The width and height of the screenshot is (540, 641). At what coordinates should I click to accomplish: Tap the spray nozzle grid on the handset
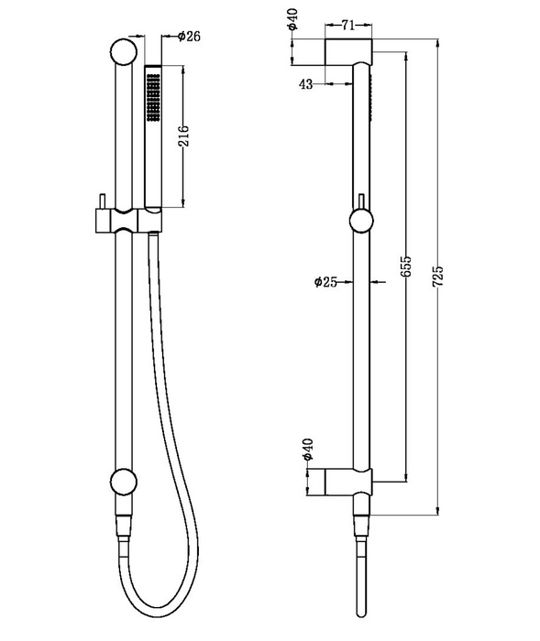pyautogui.click(x=151, y=99)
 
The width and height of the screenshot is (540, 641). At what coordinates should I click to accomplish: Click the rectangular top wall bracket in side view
pyautogui.click(x=348, y=51)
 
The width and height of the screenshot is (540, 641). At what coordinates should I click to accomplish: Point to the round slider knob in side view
pyautogui.click(x=360, y=221)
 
